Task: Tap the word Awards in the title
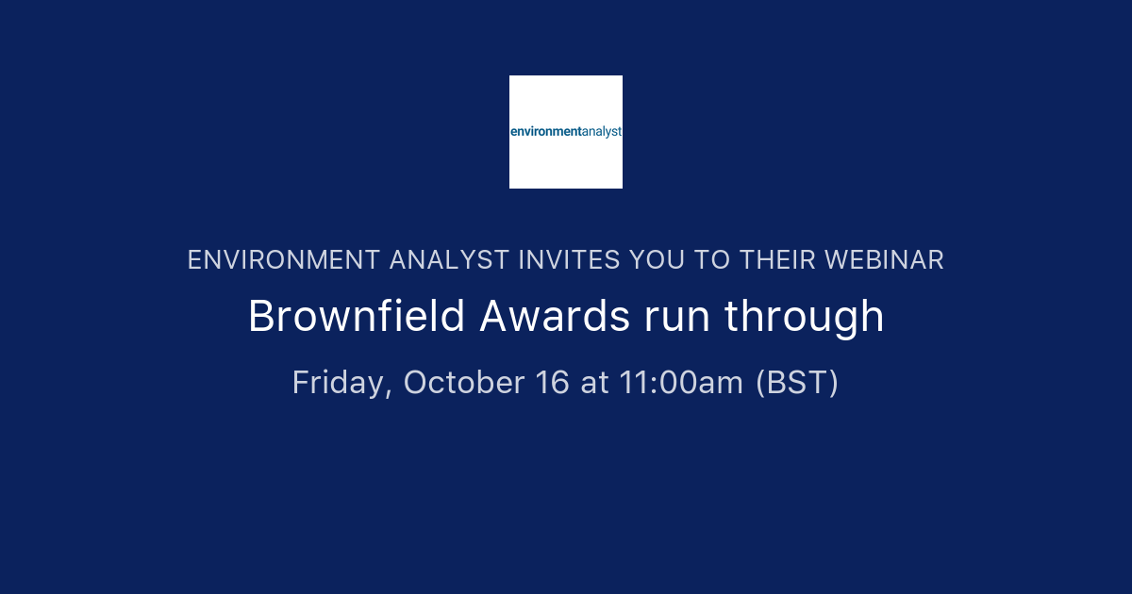(x=555, y=317)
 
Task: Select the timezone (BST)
(x=797, y=383)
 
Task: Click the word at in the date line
(x=594, y=383)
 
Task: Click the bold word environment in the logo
(x=546, y=132)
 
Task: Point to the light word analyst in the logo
(x=602, y=132)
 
